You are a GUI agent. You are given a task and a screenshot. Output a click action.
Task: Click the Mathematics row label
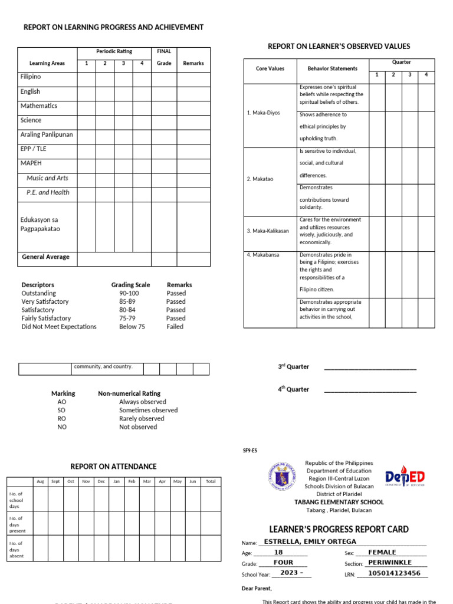pyautogui.click(x=39, y=106)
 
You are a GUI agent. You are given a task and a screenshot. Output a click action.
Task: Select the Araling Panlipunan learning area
pyautogui.click(x=47, y=134)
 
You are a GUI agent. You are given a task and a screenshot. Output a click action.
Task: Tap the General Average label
pyautogui.click(x=45, y=257)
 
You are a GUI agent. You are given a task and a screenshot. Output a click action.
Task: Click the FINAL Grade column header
pyautogui.click(x=163, y=57)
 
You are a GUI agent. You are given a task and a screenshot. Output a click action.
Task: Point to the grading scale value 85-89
pyautogui.click(x=127, y=301)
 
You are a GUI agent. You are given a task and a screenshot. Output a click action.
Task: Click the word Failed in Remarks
pyautogui.click(x=175, y=326)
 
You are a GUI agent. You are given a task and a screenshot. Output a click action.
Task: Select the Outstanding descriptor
pyautogui.click(x=39, y=293)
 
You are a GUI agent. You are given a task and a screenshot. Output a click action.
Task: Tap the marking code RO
pyautogui.click(x=62, y=419)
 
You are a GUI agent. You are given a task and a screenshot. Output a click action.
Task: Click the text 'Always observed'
pyautogui.click(x=142, y=402)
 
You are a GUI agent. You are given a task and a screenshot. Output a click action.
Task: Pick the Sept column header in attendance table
pyautogui.click(x=55, y=481)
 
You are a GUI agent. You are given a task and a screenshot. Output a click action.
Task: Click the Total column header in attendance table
pyautogui.click(x=211, y=481)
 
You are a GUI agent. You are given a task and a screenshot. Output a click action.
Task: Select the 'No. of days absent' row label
pyautogui.click(x=17, y=549)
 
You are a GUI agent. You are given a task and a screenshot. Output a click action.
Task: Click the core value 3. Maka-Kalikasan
pyautogui.click(x=268, y=231)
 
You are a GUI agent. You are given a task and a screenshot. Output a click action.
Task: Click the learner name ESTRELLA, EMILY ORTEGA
pyautogui.click(x=310, y=541)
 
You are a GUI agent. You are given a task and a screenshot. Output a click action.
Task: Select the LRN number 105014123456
pyautogui.click(x=394, y=573)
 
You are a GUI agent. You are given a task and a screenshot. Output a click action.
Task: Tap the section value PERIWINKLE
pyautogui.click(x=390, y=563)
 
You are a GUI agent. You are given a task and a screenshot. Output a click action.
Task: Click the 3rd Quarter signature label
pyautogui.click(x=294, y=367)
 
